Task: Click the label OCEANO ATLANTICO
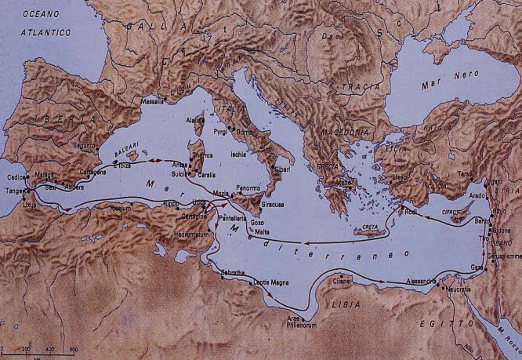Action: (x=42, y=24)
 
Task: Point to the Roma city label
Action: (x=247, y=132)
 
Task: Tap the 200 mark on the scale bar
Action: (x=26, y=348)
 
